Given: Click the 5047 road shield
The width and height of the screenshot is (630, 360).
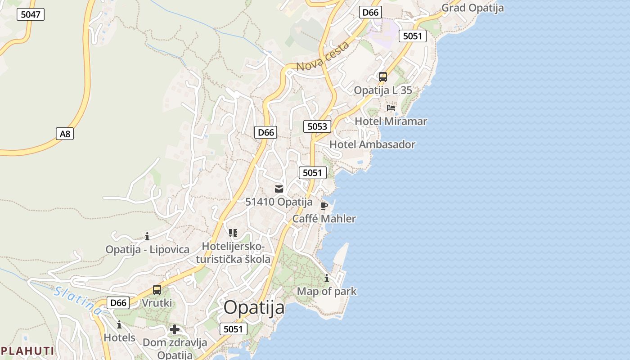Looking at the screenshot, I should coord(31,14).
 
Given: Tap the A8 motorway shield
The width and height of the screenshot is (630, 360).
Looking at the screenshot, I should coord(65,134).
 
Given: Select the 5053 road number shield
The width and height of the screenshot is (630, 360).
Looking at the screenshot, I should coord(317,126).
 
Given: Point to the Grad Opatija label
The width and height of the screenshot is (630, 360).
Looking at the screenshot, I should coord(472,8).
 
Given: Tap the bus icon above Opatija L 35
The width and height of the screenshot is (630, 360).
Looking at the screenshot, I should coord(383,77).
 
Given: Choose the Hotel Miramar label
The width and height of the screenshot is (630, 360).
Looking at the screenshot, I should coord(391,121).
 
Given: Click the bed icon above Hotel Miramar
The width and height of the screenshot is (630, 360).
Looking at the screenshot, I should coord(391,108).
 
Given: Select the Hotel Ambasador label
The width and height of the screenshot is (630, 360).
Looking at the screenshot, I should coord(372,144).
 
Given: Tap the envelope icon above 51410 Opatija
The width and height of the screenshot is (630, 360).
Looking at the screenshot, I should coord(279,189).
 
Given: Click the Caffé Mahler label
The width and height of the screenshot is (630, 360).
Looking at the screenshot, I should coord(324,219).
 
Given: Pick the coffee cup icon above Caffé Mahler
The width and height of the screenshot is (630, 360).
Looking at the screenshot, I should coord(324,206).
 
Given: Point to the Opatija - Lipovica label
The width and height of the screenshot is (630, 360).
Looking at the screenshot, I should coord(147,249).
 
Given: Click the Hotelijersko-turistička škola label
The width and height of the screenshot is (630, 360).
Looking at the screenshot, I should coord(233,253).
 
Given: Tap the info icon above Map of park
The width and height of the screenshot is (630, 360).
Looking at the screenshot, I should coord(327,279).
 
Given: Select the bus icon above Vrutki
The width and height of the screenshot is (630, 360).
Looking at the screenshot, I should coord(157,290).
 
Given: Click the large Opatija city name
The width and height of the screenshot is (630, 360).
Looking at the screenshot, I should coord(254,308).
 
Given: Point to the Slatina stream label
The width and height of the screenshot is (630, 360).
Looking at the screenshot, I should coord(78,300).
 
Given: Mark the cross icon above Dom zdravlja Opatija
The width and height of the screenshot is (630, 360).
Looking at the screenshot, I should coord(175,329).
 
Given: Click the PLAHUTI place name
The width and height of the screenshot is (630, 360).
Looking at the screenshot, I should coord(27,351).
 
